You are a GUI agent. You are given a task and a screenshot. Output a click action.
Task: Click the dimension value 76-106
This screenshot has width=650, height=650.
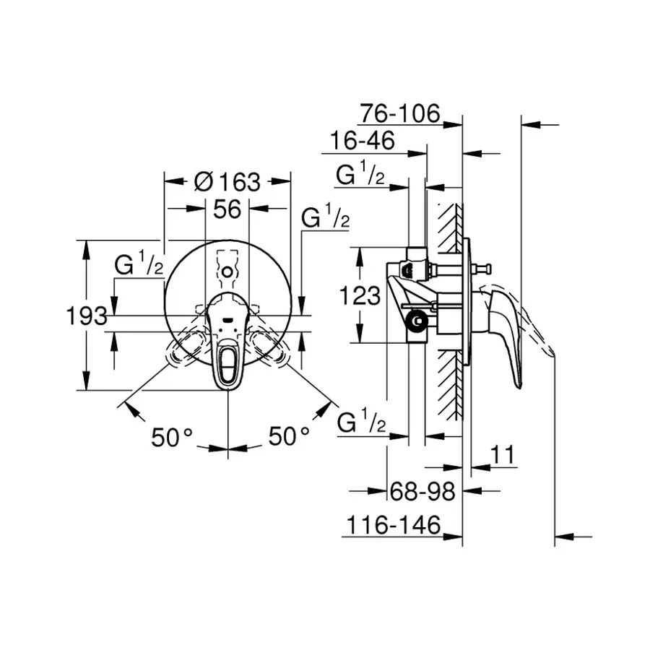pyautogui.click(x=399, y=113)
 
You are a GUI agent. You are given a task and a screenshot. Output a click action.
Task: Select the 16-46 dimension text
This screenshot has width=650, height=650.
pyautogui.click(x=363, y=141)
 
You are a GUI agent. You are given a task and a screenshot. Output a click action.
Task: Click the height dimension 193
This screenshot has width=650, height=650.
pyautogui.click(x=87, y=316)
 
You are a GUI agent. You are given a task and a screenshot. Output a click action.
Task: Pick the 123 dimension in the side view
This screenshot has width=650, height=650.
pyautogui.click(x=360, y=295)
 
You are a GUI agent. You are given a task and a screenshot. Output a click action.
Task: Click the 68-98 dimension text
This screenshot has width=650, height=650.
pyautogui.click(x=422, y=492)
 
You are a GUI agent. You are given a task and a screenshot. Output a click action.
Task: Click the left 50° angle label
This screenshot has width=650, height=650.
pyautogui.click(x=172, y=436)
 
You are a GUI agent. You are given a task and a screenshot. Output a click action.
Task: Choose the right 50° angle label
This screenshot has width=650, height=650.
pyautogui.click(x=289, y=436)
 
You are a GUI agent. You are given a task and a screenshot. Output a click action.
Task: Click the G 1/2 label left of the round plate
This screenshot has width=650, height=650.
pyautogui.click(x=139, y=265)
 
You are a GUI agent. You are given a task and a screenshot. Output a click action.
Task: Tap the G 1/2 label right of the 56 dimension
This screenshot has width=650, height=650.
pyautogui.click(x=324, y=217)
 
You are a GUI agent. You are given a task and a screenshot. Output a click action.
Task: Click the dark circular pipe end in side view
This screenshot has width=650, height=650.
pyautogui.click(x=416, y=321)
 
